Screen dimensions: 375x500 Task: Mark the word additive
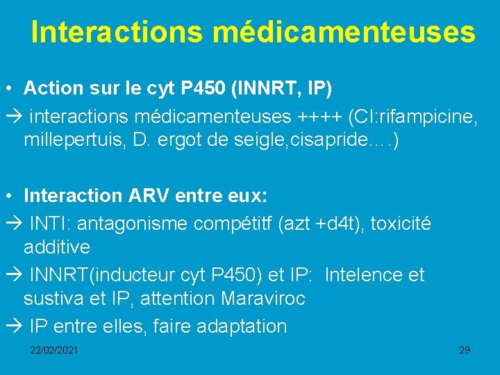pyautogui.click(x=56, y=247)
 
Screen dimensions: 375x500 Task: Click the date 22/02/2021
pyautogui.click(x=53, y=350)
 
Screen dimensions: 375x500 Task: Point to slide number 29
pyautogui.click(x=465, y=350)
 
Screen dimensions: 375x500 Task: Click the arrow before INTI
pyautogui.click(x=13, y=224)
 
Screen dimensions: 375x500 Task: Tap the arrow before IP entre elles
pyautogui.click(x=13, y=326)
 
